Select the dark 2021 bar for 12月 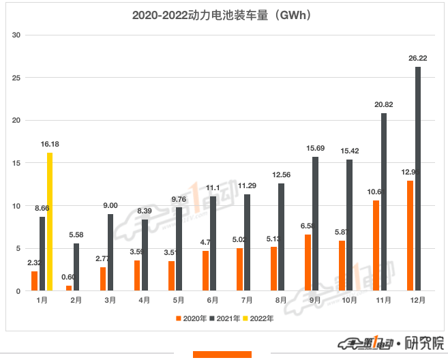pos(417,179)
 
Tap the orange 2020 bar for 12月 pos(410,236)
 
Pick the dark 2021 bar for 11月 pos(384,202)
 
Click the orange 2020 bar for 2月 pos(69,288)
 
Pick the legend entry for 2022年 pos(258,318)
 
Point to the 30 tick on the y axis pos(17,35)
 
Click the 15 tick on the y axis pos(17,163)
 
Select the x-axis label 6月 pos(213,301)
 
